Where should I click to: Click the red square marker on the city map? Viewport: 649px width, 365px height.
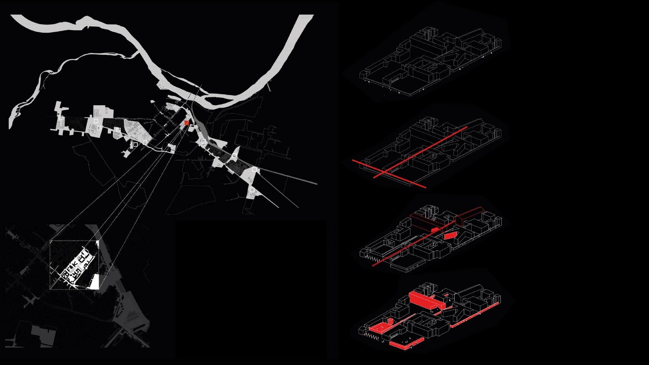coord(187,123)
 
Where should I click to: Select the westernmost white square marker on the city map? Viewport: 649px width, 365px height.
coord(61,118)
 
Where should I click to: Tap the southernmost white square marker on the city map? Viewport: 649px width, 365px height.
coord(252,190)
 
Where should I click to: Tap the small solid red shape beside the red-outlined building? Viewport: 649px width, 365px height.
coord(435,229)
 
